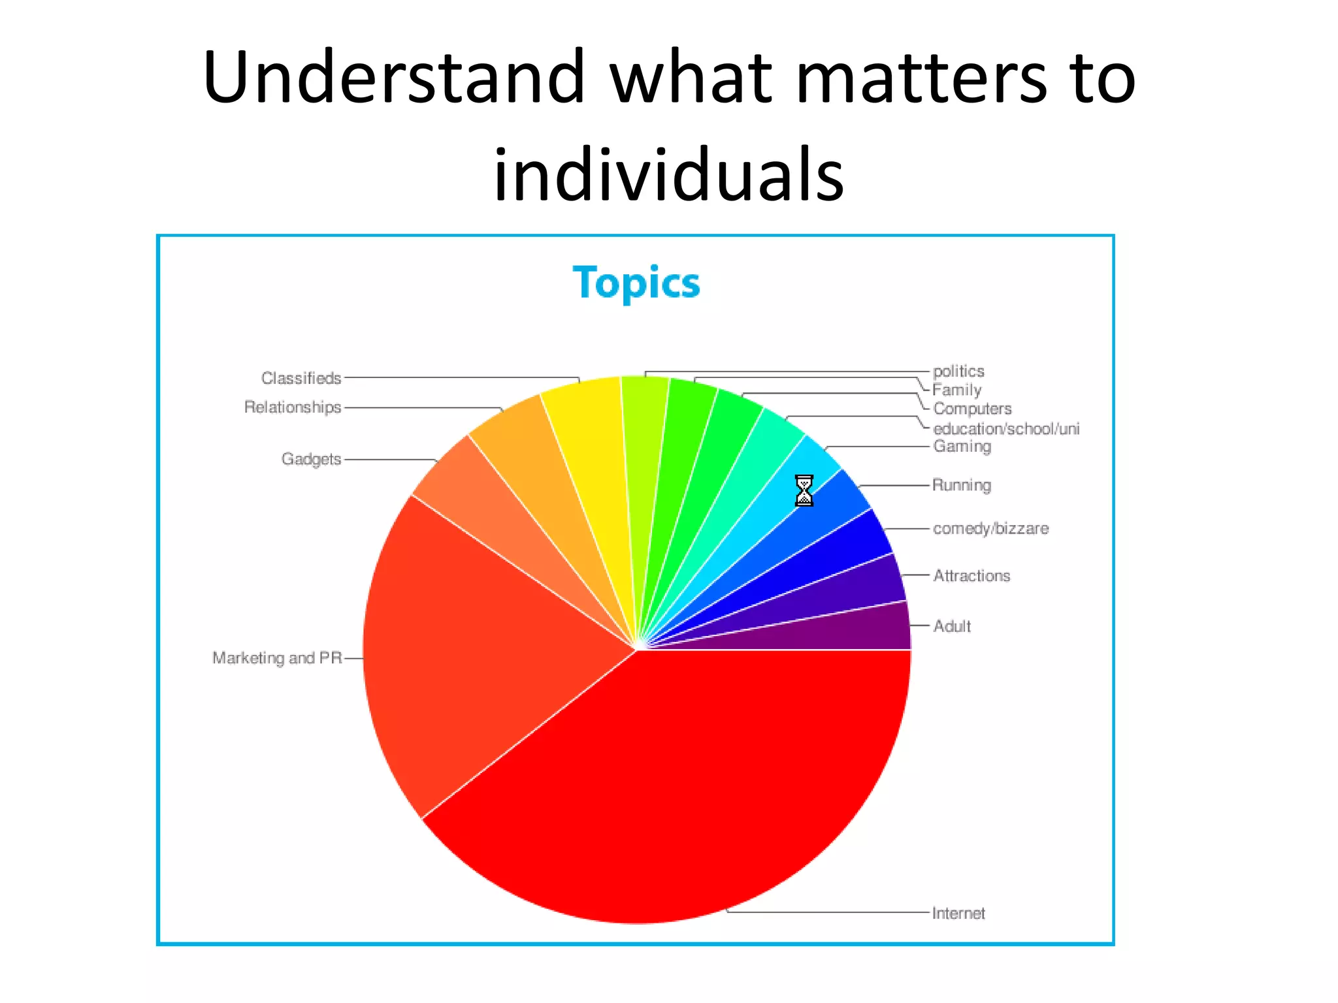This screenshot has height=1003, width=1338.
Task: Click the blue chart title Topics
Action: click(x=636, y=283)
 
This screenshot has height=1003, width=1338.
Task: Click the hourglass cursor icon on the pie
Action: click(x=804, y=491)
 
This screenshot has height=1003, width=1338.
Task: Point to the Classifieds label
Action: click(x=301, y=378)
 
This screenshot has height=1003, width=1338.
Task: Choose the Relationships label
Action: click(x=293, y=407)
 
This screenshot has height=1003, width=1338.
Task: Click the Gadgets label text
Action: click(x=311, y=459)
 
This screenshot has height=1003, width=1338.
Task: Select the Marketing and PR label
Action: click(x=277, y=658)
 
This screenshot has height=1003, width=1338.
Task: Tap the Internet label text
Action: click(x=958, y=913)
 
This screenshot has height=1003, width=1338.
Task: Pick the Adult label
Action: click(x=952, y=626)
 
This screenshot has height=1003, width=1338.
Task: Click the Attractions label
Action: click(x=971, y=575)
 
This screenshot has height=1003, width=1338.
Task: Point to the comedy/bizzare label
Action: click(x=990, y=528)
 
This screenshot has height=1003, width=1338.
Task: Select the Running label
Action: click(x=962, y=485)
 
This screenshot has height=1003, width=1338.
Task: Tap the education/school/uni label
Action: click(x=1006, y=428)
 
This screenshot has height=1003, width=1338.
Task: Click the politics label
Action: click(x=958, y=371)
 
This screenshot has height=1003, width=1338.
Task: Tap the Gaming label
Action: click(x=962, y=447)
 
